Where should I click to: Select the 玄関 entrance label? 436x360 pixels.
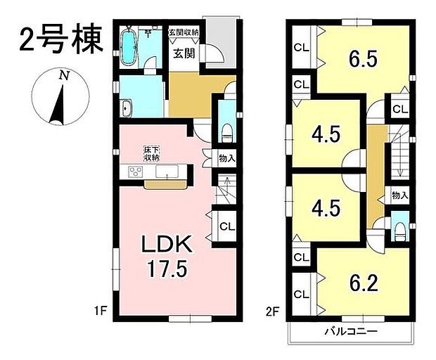(x=184, y=51)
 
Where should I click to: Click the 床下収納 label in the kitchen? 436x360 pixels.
(x=151, y=153)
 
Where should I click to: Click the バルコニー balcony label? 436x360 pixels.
(x=351, y=331)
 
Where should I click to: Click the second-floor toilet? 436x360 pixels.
(x=400, y=229)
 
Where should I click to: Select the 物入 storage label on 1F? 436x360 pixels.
(x=226, y=158)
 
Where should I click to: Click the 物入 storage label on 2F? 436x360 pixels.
(x=399, y=195)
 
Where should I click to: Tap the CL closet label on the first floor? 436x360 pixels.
(x=226, y=226)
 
